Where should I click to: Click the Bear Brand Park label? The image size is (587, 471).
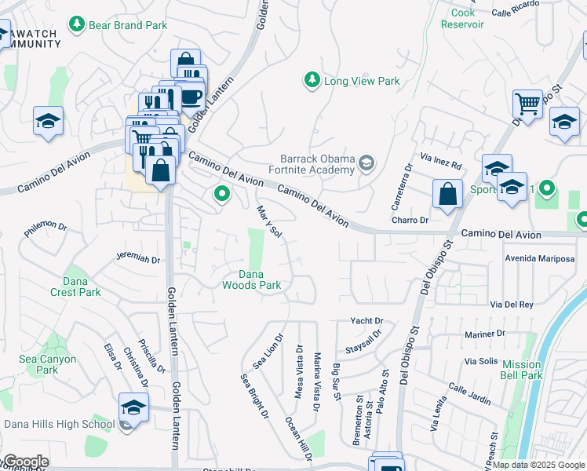pyautogui.click(x=129, y=25)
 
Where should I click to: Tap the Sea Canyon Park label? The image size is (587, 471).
pyautogui.click(x=47, y=364)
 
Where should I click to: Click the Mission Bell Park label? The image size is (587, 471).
pyautogui.click(x=522, y=370)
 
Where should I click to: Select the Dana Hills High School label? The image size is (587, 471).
pyautogui.click(x=59, y=425)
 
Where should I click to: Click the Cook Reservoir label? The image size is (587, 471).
pyautogui.click(x=462, y=19)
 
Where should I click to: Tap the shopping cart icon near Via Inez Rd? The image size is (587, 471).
pyautogui.click(x=527, y=103)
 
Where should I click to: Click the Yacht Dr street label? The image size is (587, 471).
pyautogui.click(x=366, y=321)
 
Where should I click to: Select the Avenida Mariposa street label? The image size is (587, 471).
pyautogui.click(x=540, y=258)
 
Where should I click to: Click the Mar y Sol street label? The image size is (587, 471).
pyautogui.click(x=269, y=222)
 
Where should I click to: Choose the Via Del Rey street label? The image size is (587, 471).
pyautogui.click(x=512, y=304)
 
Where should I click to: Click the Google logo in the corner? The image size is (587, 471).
pyautogui.click(x=26, y=462)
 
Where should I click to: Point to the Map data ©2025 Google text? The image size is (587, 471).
pyautogui.click(x=538, y=465)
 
